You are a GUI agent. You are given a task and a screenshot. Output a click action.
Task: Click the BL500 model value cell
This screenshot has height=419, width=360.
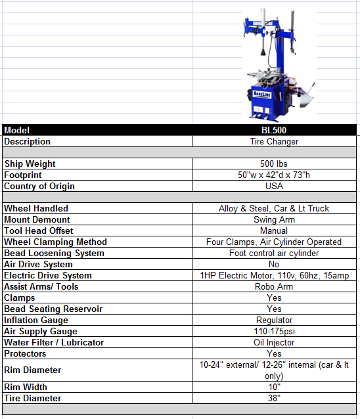point(274,130)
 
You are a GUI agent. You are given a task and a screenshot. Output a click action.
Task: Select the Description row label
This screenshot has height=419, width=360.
point(28,141)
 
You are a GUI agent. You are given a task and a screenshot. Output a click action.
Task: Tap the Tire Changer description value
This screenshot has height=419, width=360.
point(274,141)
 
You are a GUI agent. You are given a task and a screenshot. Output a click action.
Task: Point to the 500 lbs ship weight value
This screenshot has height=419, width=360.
point(274,164)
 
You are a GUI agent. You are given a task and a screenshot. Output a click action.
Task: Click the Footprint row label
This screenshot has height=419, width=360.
point(23,175)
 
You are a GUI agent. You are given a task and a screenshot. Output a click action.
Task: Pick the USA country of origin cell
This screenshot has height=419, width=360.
point(274,186)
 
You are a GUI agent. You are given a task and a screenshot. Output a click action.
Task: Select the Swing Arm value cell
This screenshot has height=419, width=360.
point(274,219)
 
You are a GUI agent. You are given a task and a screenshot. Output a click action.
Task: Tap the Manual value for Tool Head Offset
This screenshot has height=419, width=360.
point(274,231)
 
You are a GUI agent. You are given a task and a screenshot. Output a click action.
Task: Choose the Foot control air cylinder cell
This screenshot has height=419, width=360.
point(274,253)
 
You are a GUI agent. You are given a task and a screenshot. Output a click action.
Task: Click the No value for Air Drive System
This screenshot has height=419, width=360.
point(274,264)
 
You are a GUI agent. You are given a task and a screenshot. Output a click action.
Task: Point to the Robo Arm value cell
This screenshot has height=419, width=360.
point(274,286)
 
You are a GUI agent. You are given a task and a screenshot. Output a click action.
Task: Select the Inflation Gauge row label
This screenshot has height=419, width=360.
point(36,320)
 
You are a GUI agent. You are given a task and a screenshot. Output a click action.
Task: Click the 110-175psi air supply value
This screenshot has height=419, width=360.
point(274,331)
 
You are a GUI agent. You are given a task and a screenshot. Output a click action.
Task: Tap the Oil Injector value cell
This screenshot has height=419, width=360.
point(274,342)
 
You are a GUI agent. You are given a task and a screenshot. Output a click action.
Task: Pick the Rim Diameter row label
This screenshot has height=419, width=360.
point(33,370)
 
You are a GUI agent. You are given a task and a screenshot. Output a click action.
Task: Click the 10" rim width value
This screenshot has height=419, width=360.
point(274,387)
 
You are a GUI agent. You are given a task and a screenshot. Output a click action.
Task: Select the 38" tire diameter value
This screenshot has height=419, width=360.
point(274,398)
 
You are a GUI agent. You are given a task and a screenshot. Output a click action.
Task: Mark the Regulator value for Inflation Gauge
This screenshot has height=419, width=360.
point(274,320)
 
